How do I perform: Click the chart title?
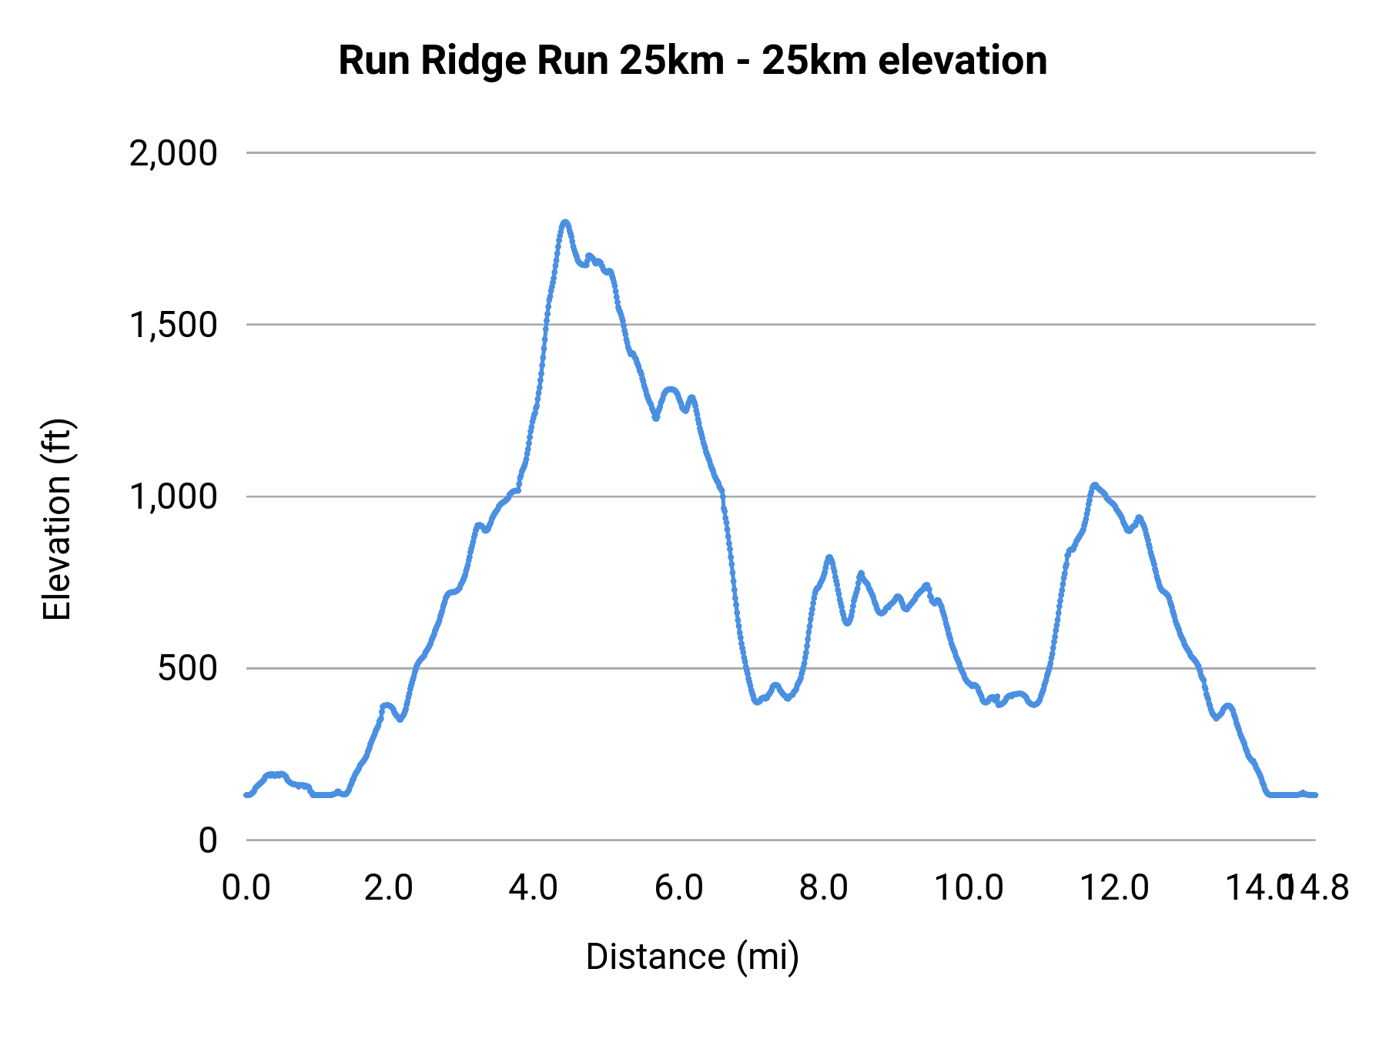(x=692, y=60)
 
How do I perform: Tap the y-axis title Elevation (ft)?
(x=56, y=519)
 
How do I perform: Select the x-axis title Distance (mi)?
(x=692, y=957)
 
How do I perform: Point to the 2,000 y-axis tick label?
(x=174, y=153)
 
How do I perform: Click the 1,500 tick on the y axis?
(x=174, y=325)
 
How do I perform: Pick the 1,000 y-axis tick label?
(x=174, y=496)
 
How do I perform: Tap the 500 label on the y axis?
(x=188, y=668)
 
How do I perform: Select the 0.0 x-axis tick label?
(x=246, y=887)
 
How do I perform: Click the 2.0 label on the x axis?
(x=389, y=887)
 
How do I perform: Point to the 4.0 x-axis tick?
(x=534, y=887)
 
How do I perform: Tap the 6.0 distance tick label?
(x=678, y=887)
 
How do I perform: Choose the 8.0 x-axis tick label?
(x=823, y=887)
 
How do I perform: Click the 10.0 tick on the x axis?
(x=969, y=887)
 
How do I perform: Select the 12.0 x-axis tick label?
(x=1114, y=887)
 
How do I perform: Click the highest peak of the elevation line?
(x=565, y=222)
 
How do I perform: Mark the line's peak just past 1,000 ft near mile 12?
(x=1093, y=485)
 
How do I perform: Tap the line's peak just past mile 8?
(x=829, y=556)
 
